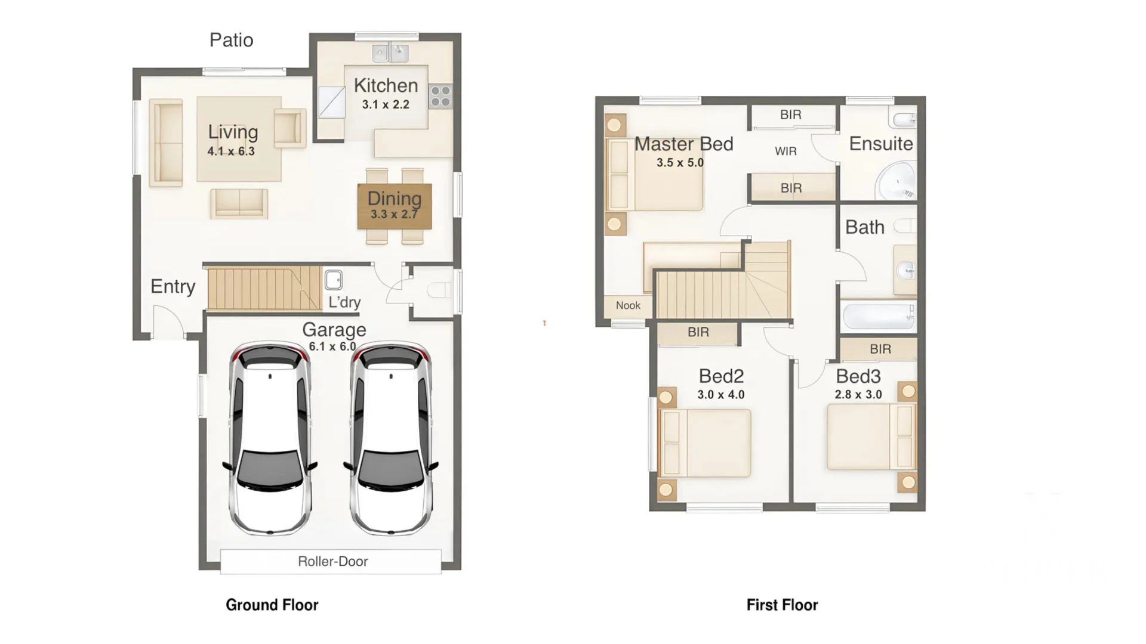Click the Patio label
tap(231, 40)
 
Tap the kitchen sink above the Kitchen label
tap(390, 53)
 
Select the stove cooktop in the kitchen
tap(440, 96)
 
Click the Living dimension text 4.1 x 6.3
tap(231, 151)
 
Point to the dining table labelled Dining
tap(395, 206)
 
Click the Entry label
tap(172, 286)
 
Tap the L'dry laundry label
tap(344, 302)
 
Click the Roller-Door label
tap(332, 561)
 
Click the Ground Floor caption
tap(272, 605)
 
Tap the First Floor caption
tap(782, 605)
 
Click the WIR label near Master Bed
tap(785, 151)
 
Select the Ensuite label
tap(880, 144)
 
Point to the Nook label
tap(628, 305)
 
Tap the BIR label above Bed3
tap(880, 349)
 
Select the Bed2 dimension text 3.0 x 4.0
tap(720, 395)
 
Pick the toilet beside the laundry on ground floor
tap(440, 290)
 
